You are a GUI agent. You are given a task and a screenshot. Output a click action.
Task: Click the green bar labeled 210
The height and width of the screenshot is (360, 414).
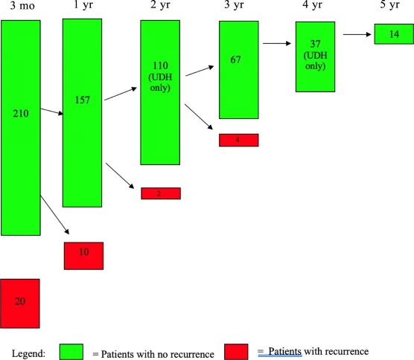(x=21, y=128)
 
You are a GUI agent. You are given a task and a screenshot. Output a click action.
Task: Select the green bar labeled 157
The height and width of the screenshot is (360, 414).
(x=82, y=113)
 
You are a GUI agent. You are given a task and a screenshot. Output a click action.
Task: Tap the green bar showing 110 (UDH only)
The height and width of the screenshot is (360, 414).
(x=160, y=92)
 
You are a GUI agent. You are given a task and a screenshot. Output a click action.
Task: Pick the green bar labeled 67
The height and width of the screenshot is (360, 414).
(x=239, y=70)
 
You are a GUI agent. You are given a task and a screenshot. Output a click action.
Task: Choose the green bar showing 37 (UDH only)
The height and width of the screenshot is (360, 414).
(x=315, y=57)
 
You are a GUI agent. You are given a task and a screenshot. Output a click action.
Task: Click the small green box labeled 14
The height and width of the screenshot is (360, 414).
(x=394, y=34)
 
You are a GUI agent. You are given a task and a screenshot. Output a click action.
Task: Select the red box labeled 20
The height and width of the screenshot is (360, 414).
(x=20, y=303)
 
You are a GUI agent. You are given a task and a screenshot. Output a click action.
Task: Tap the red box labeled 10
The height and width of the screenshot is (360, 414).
(x=83, y=256)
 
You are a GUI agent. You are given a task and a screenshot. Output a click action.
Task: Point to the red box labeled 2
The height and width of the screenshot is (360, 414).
(x=161, y=193)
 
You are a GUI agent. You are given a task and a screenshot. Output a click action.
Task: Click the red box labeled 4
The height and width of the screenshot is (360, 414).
(x=239, y=140)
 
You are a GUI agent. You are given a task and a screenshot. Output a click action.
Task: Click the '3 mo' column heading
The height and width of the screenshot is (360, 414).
(x=22, y=5)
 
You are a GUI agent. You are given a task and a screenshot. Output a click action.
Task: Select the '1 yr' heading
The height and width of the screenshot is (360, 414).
(x=83, y=5)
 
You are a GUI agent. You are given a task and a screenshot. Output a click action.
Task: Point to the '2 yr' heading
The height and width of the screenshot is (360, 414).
(x=160, y=5)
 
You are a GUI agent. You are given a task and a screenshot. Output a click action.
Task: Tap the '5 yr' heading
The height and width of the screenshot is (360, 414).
(x=389, y=4)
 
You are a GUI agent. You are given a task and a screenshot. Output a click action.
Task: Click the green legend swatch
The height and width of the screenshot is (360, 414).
(x=71, y=352)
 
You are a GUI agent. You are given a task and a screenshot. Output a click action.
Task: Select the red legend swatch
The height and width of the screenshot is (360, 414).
(x=236, y=352)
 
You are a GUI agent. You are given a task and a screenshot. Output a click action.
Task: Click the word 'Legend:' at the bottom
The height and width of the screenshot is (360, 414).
(x=28, y=353)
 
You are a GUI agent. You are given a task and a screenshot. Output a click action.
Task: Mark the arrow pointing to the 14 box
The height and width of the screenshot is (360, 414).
(x=357, y=34)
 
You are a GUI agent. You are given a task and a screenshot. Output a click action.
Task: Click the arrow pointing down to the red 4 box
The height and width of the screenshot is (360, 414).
(x=199, y=117)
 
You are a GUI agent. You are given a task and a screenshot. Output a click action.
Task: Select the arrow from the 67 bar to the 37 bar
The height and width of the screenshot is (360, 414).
(x=277, y=43)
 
